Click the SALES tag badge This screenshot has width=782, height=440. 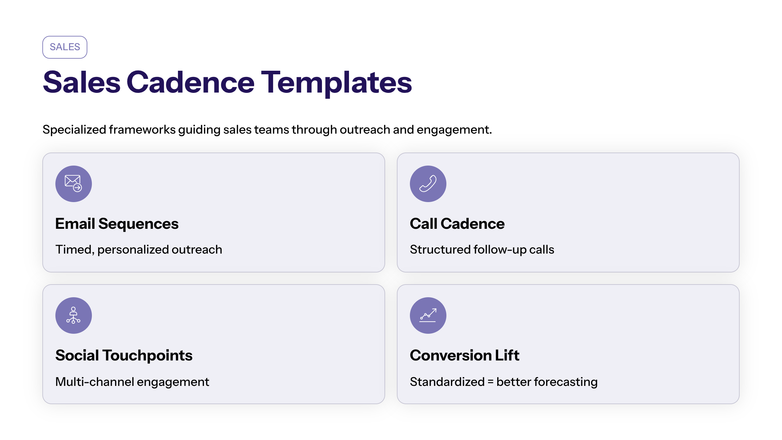pyautogui.click(x=65, y=47)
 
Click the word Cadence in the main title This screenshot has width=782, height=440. pyautogui.click(x=190, y=82)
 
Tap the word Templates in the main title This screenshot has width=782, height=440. pyautogui.click(x=337, y=83)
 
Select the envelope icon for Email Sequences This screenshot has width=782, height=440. pyautogui.click(x=73, y=183)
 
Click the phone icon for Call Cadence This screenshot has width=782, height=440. pyautogui.click(x=428, y=183)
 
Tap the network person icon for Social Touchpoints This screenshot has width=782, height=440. pyautogui.click(x=73, y=315)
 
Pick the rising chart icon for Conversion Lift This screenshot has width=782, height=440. pyautogui.click(x=428, y=315)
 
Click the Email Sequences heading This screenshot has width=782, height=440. pyautogui.click(x=117, y=224)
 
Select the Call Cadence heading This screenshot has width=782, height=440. pyautogui.click(x=457, y=224)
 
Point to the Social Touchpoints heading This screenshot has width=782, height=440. pyautogui.click(x=124, y=356)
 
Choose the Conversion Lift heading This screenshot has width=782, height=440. pyautogui.click(x=465, y=355)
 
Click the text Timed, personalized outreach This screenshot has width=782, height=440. pyautogui.click(x=139, y=250)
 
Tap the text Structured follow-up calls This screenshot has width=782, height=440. pyautogui.click(x=482, y=250)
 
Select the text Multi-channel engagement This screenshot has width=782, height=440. pyautogui.click(x=132, y=382)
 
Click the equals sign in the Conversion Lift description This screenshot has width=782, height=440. pyautogui.click(x=491, y=382)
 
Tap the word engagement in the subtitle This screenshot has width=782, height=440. pyautogui.click(x=454, y=130)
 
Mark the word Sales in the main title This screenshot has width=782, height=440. pyautogui.click(x=81, y=82)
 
